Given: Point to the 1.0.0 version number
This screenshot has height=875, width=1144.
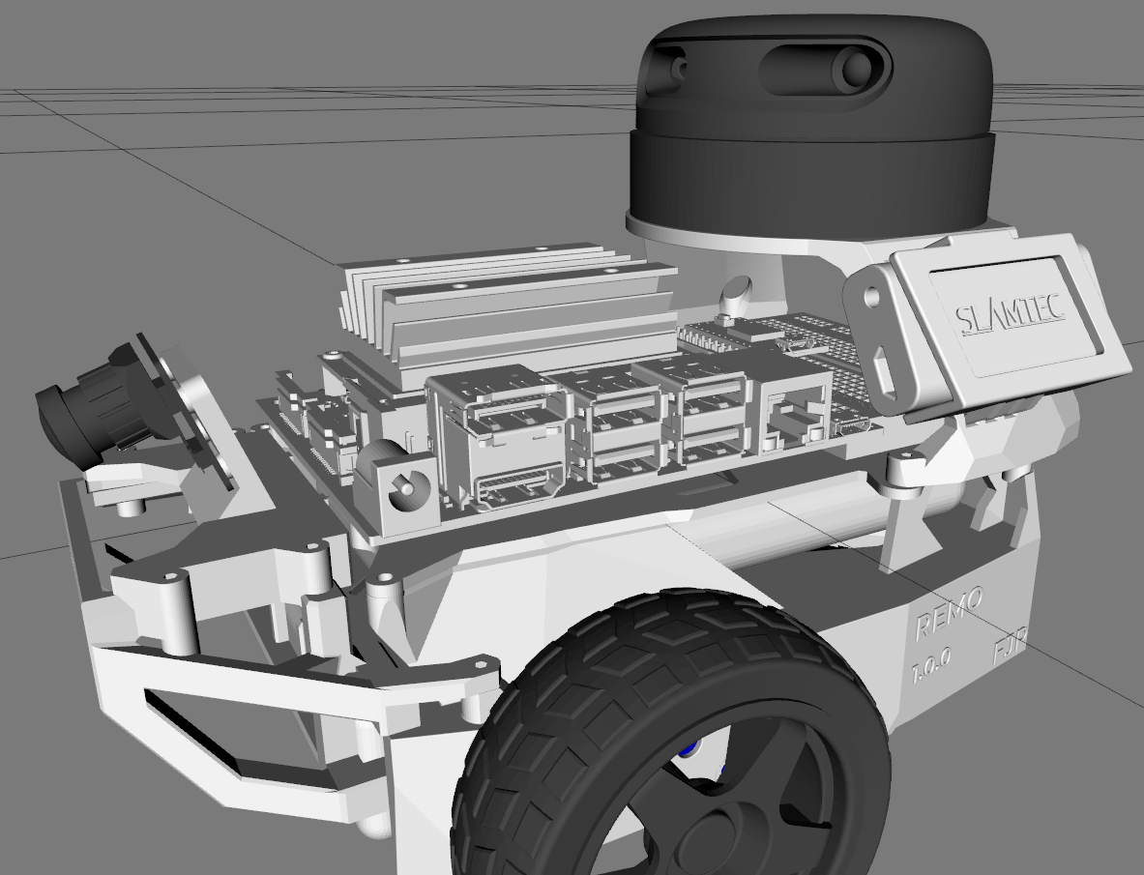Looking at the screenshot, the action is click(931, 664).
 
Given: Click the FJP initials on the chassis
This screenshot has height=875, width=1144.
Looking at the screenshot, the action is click(1009, 648).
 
